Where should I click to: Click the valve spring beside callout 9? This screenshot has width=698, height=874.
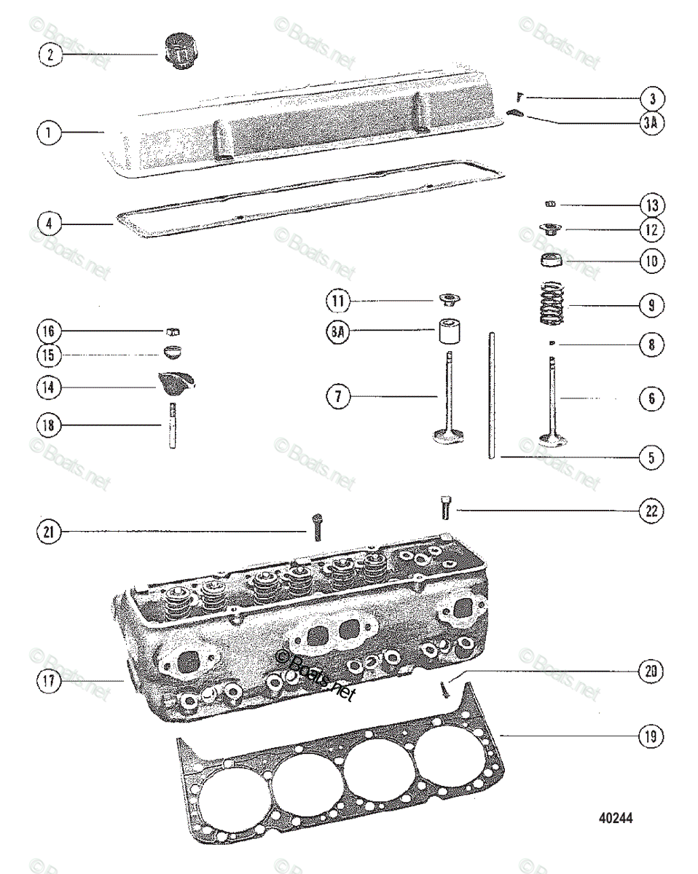(x=552, y=305)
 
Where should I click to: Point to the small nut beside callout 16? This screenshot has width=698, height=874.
(x=173, y=330)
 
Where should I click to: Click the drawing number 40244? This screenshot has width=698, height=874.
(x=616, y=818)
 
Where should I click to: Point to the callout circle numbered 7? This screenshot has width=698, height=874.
(x=338, y=397)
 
